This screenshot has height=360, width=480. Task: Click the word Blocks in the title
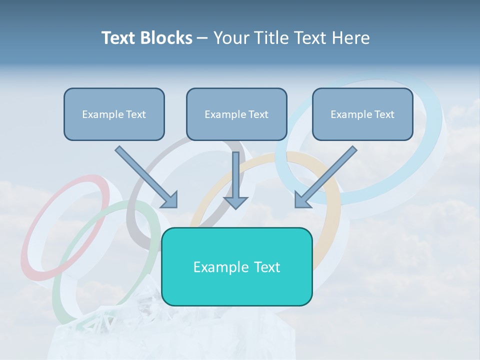(167, 38)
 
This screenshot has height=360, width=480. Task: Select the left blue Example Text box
(114, 114)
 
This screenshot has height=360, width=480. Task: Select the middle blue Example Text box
(236, 114)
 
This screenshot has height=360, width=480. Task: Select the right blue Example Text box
(362, 114)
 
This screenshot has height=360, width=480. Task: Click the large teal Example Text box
(236, 266)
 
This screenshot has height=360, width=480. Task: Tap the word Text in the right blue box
(384, 114)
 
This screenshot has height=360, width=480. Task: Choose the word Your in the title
(232, 38)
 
